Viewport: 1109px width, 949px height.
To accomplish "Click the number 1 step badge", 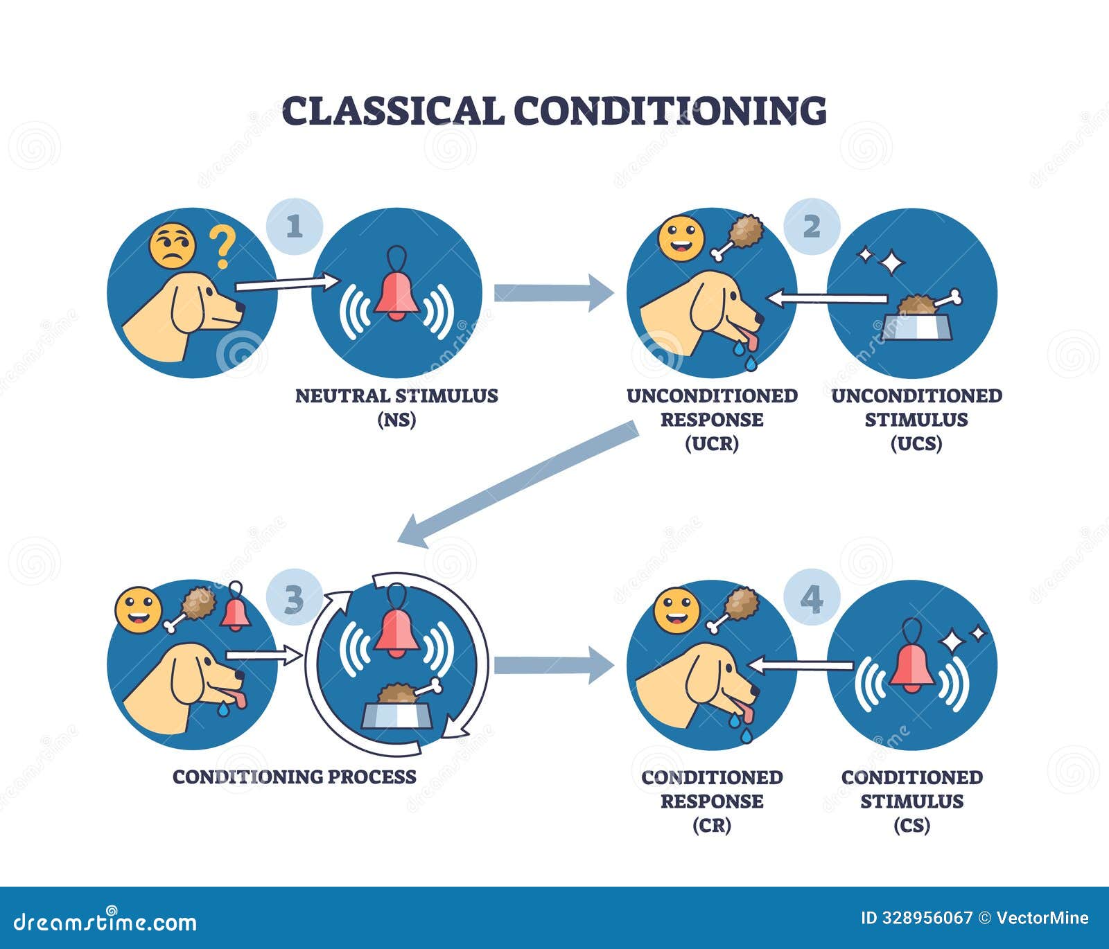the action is tap(295, 227).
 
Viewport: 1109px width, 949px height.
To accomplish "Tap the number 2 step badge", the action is tap(812, 227).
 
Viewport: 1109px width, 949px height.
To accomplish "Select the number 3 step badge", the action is tap(295, 599).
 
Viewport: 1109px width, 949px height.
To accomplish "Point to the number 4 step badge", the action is tap(812, 598).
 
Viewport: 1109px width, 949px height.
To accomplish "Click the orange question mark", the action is tap(222, 249).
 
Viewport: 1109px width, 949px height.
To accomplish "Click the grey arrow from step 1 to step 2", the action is tap(553, 293).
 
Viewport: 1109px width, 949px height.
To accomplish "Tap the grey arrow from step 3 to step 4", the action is tap(553, 665).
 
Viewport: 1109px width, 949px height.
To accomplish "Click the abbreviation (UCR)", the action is tap(712, 443).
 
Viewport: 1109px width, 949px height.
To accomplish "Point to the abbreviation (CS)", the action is tap(912, 825).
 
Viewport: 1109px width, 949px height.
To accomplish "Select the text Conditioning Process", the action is tap(295, 777).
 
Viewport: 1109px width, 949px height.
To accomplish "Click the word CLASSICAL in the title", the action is tap(392, 111).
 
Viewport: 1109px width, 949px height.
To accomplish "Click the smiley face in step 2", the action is tap(681, 237).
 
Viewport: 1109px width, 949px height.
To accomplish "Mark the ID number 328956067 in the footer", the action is tap(916, 918).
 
